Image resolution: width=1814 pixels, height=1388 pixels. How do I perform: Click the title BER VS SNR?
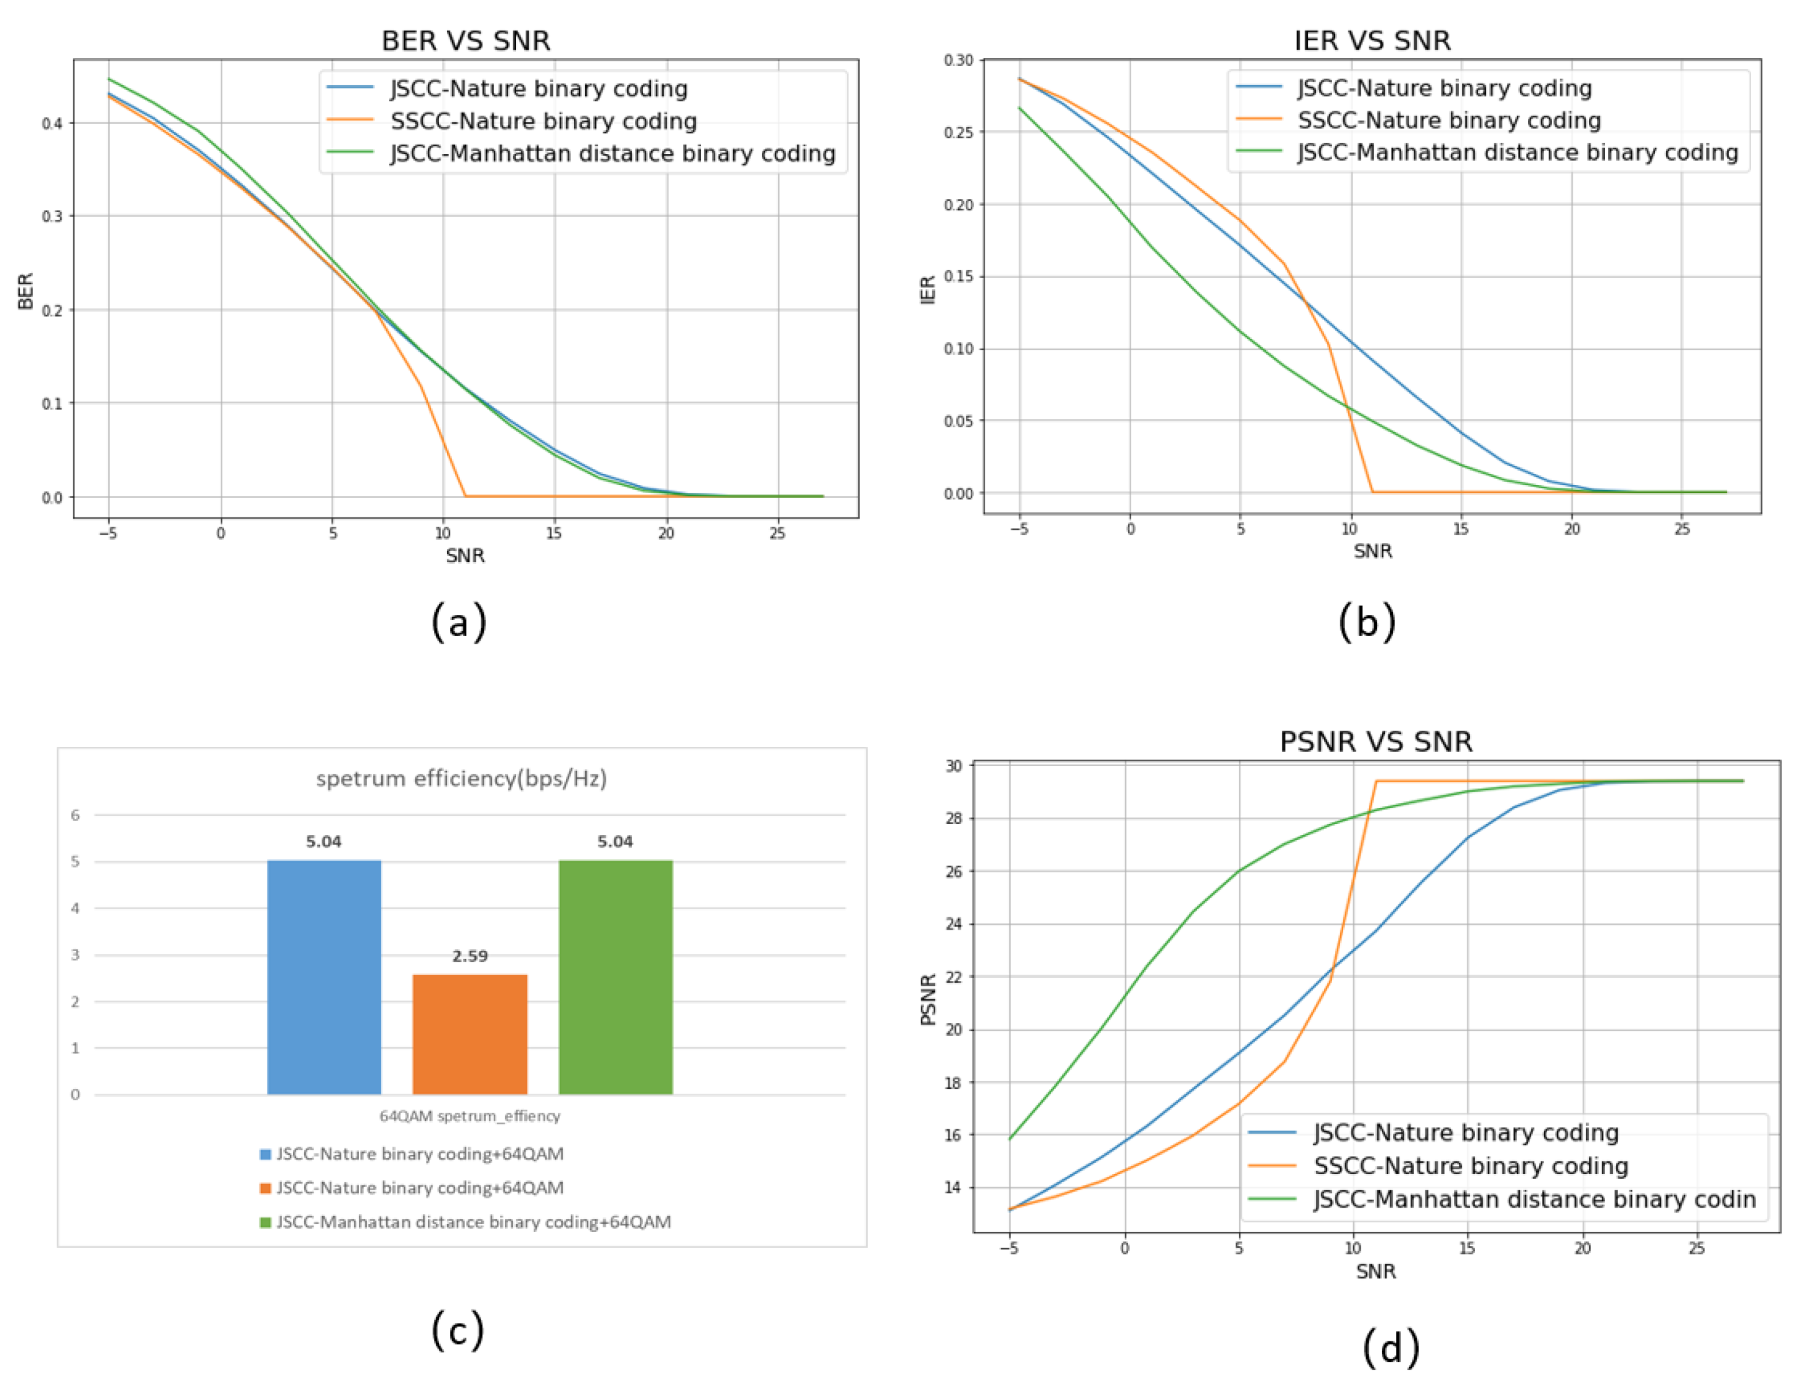point(465,40)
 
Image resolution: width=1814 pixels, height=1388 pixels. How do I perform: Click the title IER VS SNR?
point(1371,40)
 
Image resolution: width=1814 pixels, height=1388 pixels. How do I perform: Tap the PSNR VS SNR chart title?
point(1376,741)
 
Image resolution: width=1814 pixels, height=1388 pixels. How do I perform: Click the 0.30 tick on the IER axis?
point(958,60)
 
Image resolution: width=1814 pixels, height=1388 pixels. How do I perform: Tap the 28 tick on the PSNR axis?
point(954,818)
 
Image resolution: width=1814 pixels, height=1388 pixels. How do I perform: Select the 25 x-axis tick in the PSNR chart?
point(1696,1248)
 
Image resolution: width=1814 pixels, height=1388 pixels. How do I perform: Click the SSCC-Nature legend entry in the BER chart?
point(543,121)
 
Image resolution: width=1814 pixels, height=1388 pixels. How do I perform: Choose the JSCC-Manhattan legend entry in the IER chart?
point(1517,153)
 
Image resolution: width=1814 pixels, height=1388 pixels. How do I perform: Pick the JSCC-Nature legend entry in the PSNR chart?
point(1465,1132)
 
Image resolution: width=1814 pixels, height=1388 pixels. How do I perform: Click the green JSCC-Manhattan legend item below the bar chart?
point(473,1222)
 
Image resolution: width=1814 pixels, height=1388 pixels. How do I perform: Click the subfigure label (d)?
point(1391,1348)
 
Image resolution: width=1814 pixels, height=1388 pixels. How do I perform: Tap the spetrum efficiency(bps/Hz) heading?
point(462,779)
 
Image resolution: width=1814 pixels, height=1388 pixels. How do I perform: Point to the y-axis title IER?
point(928,290)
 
